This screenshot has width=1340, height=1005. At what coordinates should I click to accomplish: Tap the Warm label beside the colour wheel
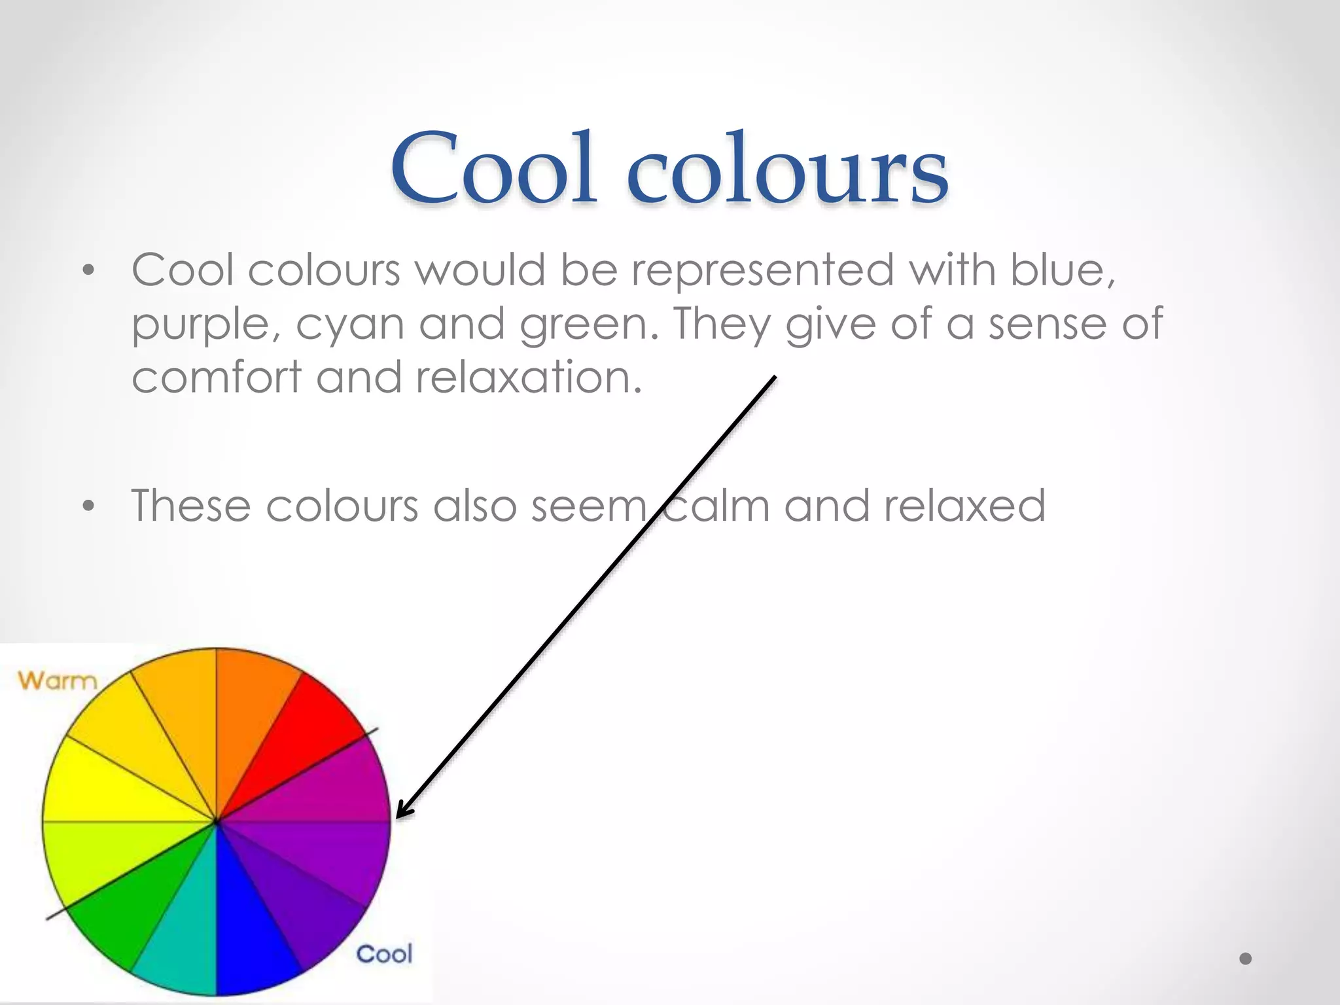tap(57, 680)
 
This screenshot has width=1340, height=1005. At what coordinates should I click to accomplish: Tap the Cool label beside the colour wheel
tap(384, 954)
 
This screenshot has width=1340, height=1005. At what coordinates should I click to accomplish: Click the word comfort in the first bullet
tap(216, 378)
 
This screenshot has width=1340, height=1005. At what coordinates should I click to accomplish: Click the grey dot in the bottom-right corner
tap(1245, 959)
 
